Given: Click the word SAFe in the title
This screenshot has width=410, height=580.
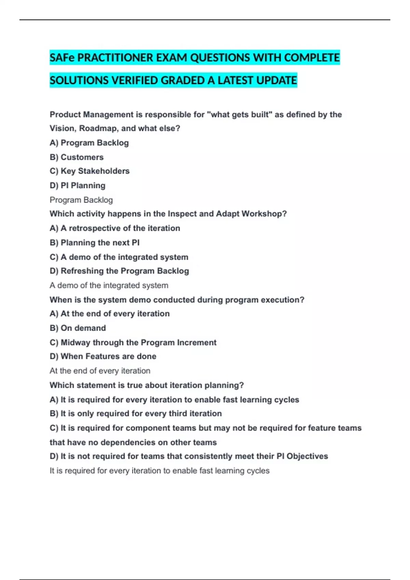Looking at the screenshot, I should click(x=62, y=58).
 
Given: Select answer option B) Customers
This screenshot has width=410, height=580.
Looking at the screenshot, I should click(x=77, y=157).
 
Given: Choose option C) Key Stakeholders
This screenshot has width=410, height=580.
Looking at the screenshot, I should click(x=90, y=171).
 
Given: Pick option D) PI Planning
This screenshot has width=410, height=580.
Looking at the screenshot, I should click(x=78, y=186).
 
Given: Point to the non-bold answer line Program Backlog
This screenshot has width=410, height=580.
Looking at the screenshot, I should click(x=81, y=200).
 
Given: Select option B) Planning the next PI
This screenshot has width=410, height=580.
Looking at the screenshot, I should click(x=95, y=243).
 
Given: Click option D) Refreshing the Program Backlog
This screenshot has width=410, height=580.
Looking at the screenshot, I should click(x=119, y=271).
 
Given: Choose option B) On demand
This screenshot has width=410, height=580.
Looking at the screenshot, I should click(x=78, y=328).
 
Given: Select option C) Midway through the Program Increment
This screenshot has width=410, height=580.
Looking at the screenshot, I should click(x=133, y=343).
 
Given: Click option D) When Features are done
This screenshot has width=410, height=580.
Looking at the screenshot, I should click(x=103, y=356).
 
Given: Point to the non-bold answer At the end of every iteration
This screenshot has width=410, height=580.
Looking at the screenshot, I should click(x=100, y=371).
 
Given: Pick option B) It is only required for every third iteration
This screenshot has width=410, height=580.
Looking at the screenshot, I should click(x=136, y=414).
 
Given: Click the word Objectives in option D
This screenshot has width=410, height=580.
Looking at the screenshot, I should click(x=307, y=456).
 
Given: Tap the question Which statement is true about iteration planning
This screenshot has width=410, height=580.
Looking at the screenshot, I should click(x=147, y=385).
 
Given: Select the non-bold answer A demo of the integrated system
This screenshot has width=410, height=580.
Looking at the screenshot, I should click(x=109, y=285).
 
